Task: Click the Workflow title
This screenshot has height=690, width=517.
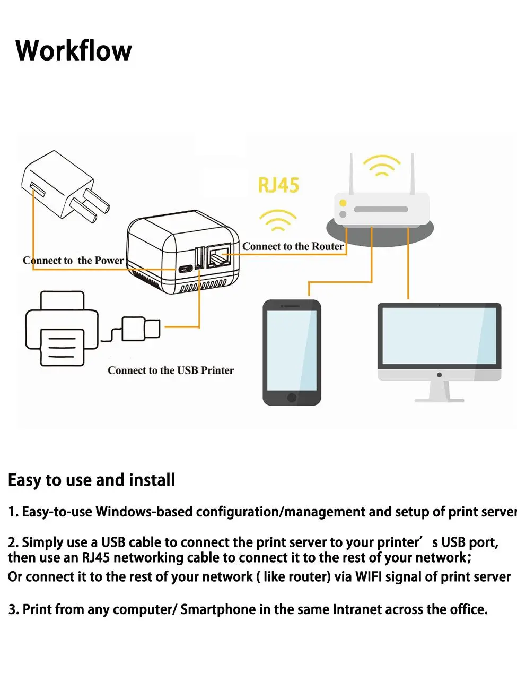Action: click(x=74, y=51)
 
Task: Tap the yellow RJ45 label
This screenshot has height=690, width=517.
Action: click(x=278, y=185)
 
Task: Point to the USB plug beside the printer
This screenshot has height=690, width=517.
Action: click(x=141, y=329)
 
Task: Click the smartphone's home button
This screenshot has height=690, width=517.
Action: click(x=292, y=398)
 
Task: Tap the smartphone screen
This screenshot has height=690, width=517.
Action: click(x=292, y=350)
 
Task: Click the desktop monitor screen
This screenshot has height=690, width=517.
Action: click(x=439, y=335)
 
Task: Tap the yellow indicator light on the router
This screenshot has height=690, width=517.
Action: click(x=343, y=203)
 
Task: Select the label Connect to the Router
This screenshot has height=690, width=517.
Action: click(x=293, y=246)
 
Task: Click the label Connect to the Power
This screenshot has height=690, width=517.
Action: click(x=73, y=261)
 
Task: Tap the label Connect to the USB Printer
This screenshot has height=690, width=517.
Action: click(x=171, y=370)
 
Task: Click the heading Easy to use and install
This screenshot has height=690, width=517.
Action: click(x=91, y=480)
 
